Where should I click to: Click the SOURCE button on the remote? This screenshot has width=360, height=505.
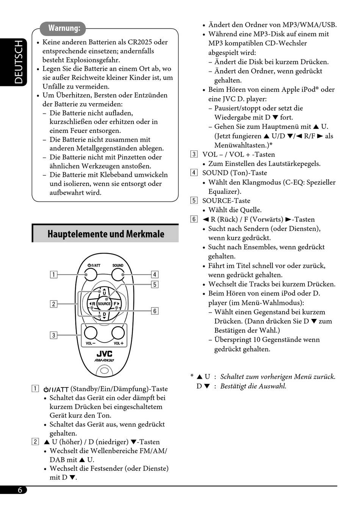(104, 303)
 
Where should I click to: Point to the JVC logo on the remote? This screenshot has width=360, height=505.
(104, 354)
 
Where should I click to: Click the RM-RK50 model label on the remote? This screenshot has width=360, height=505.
(104, 360)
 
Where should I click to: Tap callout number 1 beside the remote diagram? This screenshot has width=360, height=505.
(54, 275)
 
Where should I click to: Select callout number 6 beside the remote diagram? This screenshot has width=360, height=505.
(155, 311)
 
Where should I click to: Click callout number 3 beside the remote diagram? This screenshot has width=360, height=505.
(54, 335)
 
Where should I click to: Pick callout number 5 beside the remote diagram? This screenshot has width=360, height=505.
(155, 285)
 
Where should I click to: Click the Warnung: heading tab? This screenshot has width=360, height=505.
(64, 28)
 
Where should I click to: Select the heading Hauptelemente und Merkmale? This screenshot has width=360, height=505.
(106, 234)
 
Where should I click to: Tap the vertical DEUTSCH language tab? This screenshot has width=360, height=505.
(18, 62)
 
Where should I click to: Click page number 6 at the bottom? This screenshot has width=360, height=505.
(20, 490)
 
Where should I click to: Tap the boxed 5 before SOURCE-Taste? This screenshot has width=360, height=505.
(194, 201)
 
